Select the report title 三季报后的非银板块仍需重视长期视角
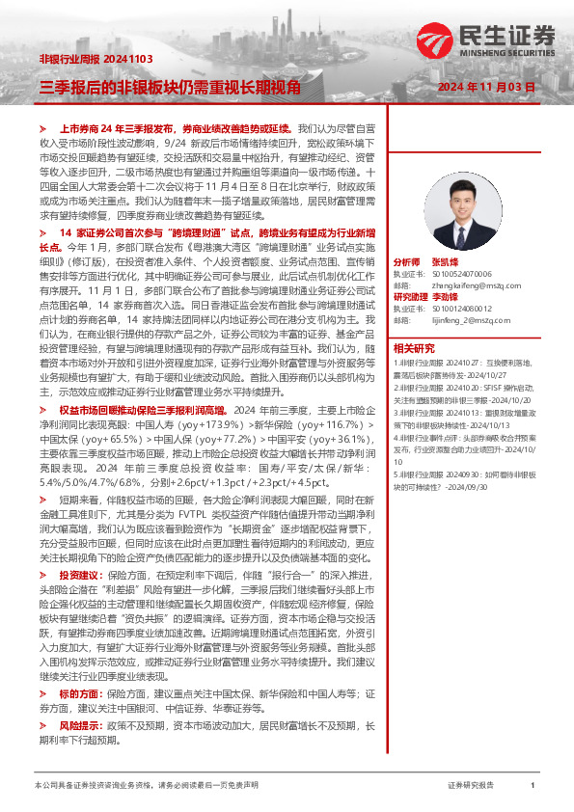coord(169,87)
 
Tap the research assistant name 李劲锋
coord(457,297)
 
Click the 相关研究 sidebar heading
coord(417,348)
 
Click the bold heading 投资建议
coord(80,575)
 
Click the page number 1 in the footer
coord(533,786)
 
